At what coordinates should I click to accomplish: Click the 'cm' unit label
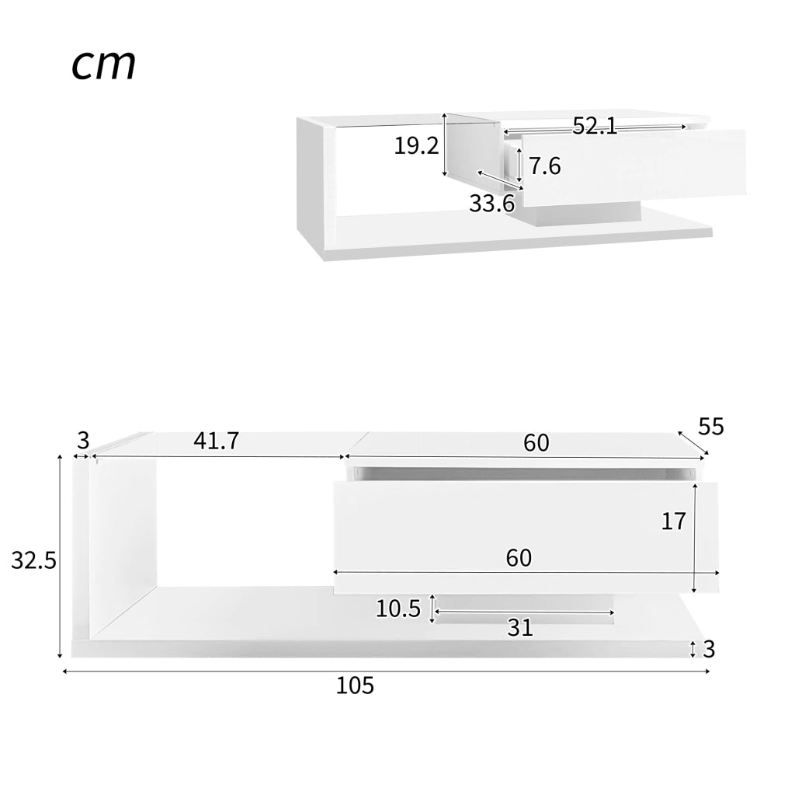pyautogui.click(x=104, y=65)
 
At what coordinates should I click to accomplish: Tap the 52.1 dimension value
pyautogui.click(x=595, y=125)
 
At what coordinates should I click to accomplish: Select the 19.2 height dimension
pyautogui.click(x=416, y=146)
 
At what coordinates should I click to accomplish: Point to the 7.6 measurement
pyautogui.click(x=545, y=166)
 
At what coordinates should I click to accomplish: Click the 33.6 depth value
pyautogui.click(x=491, y=204)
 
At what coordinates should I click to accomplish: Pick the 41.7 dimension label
pyautogui.click(x=216, y=441)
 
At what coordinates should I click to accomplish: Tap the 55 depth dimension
pyautogui.click(x=711, y=427)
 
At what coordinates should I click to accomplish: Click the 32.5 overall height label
pyautogui.click(x=33, y=561)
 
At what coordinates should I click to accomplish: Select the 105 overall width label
pyautogui.click(x=355, y=686)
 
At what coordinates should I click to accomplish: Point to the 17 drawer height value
pyautogui.click(x=673, y=522)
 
